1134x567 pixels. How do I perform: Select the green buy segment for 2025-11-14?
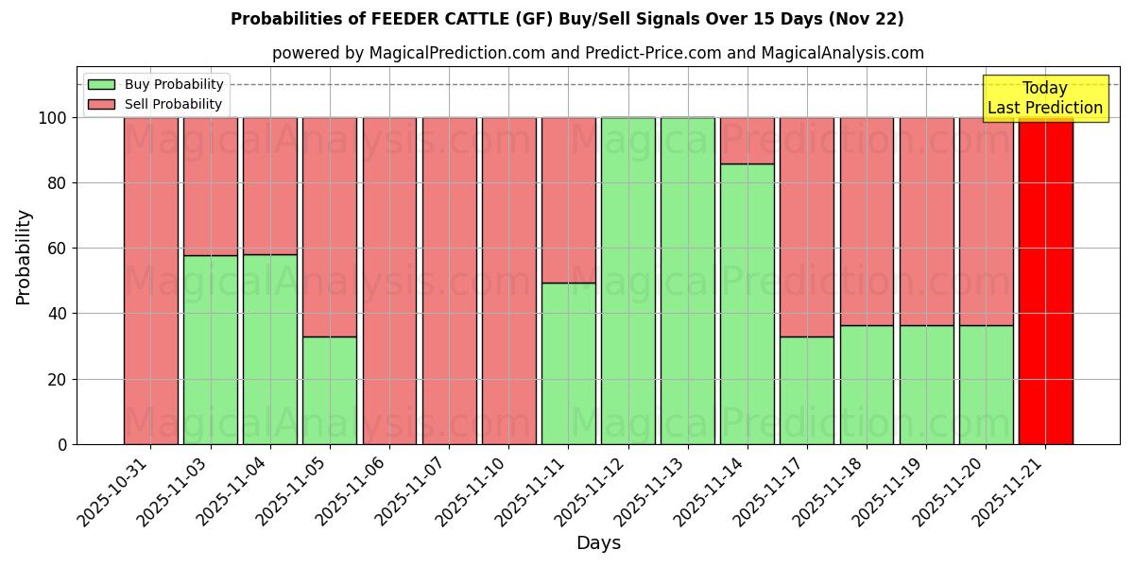pyautogui.click(x=747, y=303)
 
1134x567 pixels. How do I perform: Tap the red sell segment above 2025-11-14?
pyautogui.click(x=747, y=140)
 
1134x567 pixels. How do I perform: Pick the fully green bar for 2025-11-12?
pyautogui.click(x=627, y=281)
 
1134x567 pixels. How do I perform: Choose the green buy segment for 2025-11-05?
pyautogui.click(x=330, y=390)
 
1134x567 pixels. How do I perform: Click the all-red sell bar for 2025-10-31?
pyautogui.click(x=150, y=281)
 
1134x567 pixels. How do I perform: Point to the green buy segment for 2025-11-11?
pyautogui.click(x=568, y=363)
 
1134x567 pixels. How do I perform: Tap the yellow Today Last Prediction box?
pyautogui.click(x=1044, y=98)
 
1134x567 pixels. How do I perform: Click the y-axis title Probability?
pyautogui.click(x=24, y=257)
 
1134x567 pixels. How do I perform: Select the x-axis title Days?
pyautogui.click(x=598, y=543)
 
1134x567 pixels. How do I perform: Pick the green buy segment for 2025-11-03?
pyautogui.click(x=211, y=350)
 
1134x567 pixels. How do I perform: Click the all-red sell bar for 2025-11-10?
pyautogui.click(x=508, y=281)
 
